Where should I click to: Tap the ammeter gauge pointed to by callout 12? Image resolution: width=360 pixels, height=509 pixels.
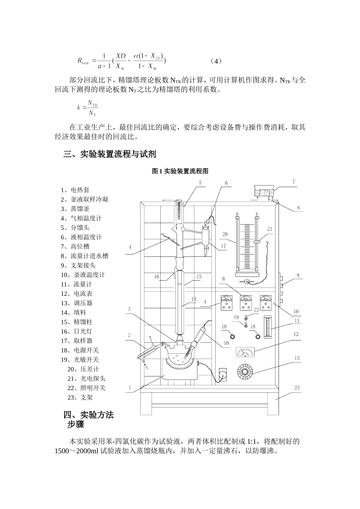click(x=245, y=352)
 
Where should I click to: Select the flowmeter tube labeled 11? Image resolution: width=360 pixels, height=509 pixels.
click(x=269, y=327)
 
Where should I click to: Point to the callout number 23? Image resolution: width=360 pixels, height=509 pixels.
click(x=297, y=387)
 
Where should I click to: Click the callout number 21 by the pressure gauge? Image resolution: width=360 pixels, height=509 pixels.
click(x=270, y=229)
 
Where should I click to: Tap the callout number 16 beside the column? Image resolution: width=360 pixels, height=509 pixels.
click(x=157, y=276)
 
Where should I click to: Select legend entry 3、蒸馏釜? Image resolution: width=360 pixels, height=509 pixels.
click(x=75, y=209)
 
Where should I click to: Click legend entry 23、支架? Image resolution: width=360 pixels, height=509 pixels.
click(x=80, y=397)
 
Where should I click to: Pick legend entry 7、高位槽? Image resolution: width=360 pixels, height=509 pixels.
click(x=75, y=247)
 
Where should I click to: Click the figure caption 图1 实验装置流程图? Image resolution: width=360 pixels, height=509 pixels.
click(x=180, y=171)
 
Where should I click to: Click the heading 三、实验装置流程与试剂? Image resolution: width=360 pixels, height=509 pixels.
click(x=110, y=155)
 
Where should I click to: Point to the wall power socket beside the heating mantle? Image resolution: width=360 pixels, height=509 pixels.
click(x=223, y=374)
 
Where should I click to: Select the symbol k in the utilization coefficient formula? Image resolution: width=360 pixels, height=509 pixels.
click(x=79, y=107)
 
